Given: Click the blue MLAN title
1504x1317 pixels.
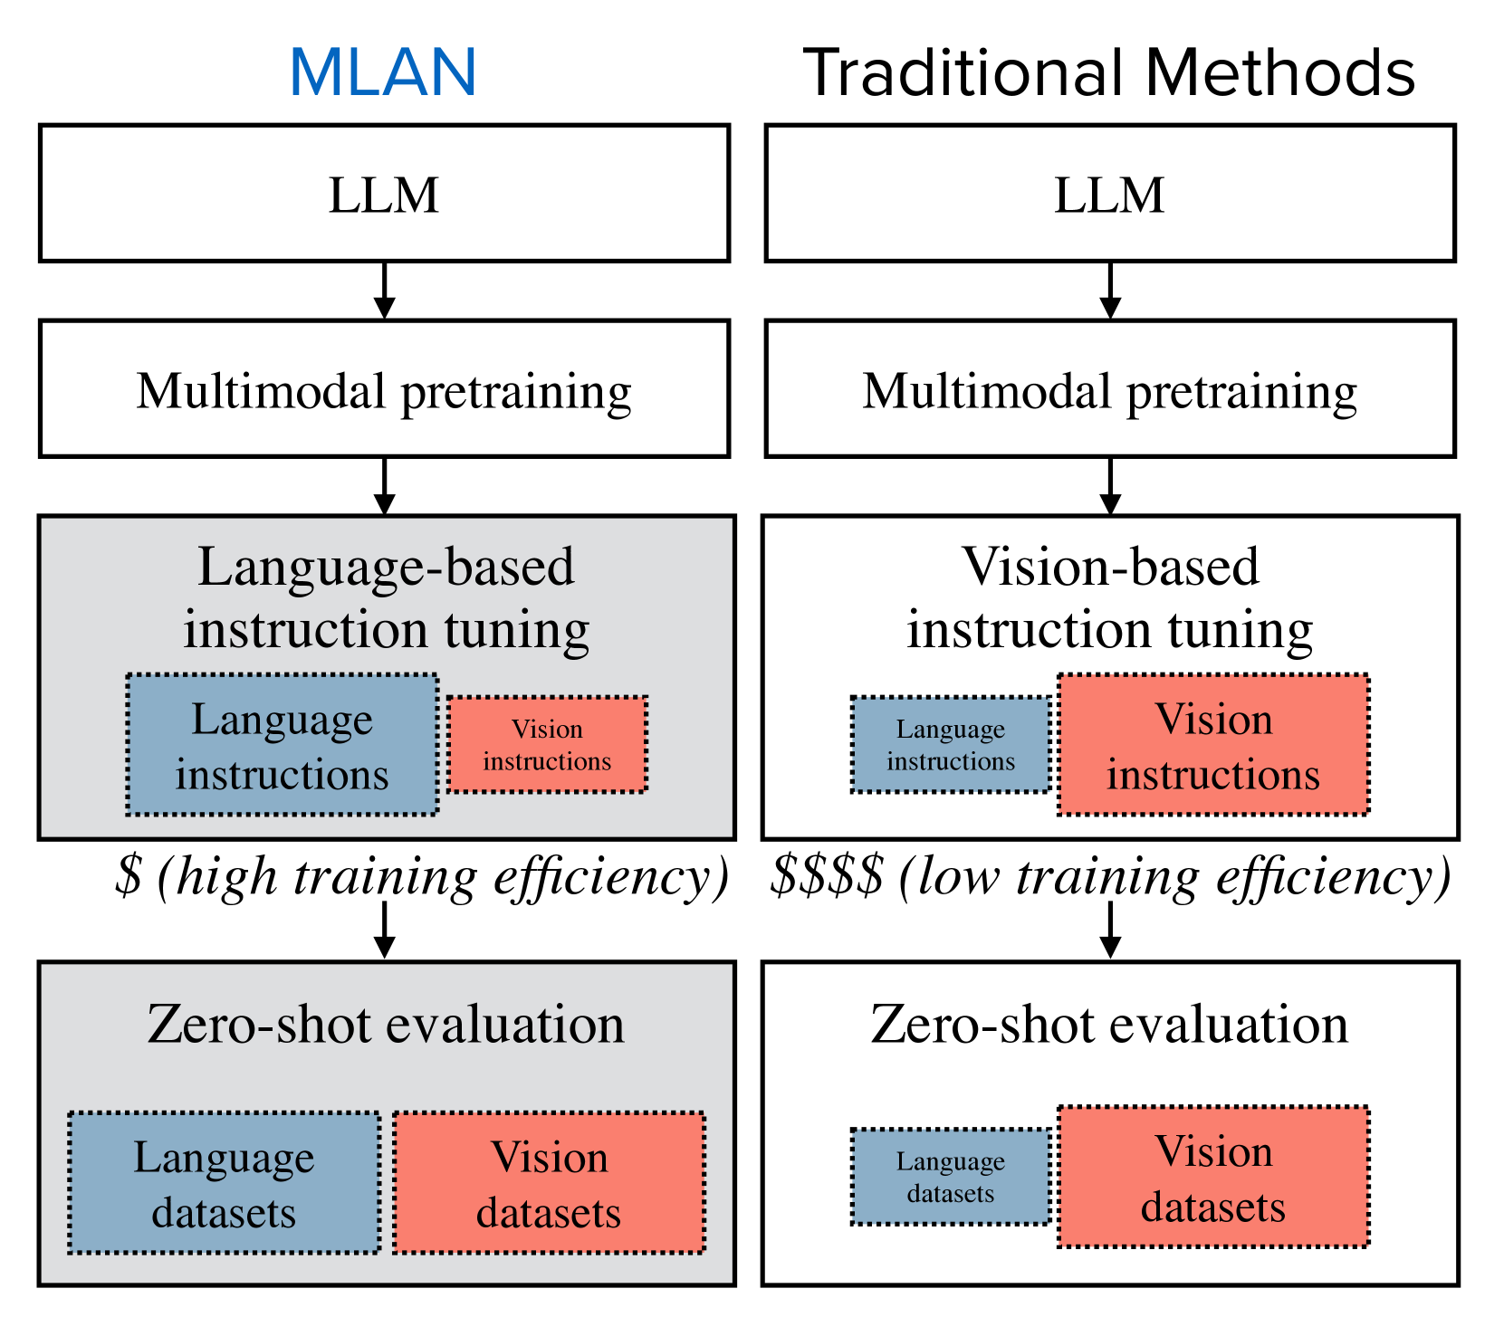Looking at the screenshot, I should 383,72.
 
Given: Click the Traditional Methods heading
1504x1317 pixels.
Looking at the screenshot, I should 1108,72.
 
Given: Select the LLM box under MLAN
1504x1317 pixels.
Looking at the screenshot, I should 384,194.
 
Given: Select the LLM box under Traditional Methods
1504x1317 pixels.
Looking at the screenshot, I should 1109,194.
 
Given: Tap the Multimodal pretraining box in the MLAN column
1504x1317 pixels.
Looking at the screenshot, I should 384,389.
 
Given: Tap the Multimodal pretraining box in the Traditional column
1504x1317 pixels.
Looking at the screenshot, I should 1109,389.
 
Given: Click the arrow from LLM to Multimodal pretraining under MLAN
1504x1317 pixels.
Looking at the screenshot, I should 385,291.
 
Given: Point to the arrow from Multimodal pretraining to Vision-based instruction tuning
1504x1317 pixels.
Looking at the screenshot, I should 1110,487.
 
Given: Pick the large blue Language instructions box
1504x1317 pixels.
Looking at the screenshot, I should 283,745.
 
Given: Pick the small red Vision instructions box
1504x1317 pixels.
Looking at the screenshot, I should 547,745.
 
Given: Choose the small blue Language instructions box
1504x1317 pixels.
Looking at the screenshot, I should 951,745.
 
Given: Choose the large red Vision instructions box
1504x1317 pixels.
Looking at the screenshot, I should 1213,745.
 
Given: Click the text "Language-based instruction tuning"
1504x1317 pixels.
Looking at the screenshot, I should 387,597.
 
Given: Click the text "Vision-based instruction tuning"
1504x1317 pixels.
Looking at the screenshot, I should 1110,597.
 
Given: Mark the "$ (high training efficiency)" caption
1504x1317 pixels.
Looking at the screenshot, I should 422,876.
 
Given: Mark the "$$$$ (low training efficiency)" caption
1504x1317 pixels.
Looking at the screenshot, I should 1110,876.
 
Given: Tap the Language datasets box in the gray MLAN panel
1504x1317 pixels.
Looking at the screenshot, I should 224,1183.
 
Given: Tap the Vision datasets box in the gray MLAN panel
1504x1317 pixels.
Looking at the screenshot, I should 549,1183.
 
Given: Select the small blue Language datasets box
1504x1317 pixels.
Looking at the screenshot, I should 951,1177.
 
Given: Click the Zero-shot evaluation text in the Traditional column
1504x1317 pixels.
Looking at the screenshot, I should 1109,1025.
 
